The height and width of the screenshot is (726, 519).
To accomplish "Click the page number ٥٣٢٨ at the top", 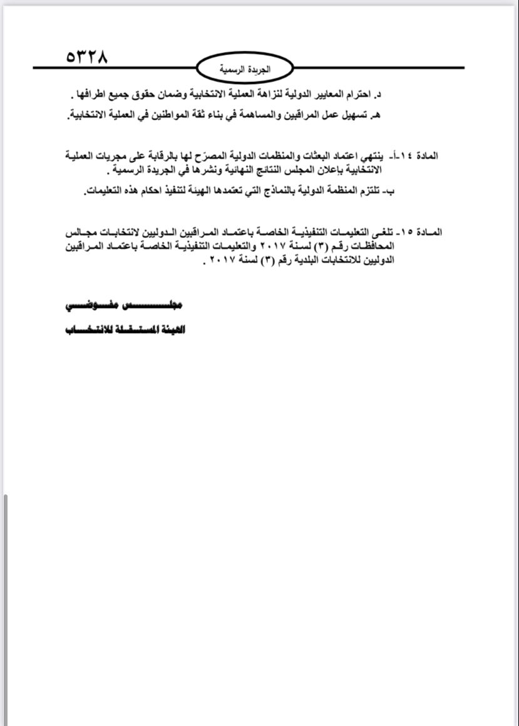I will pos(87,57).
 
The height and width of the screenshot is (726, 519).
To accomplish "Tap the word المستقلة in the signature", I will pos(124,329).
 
